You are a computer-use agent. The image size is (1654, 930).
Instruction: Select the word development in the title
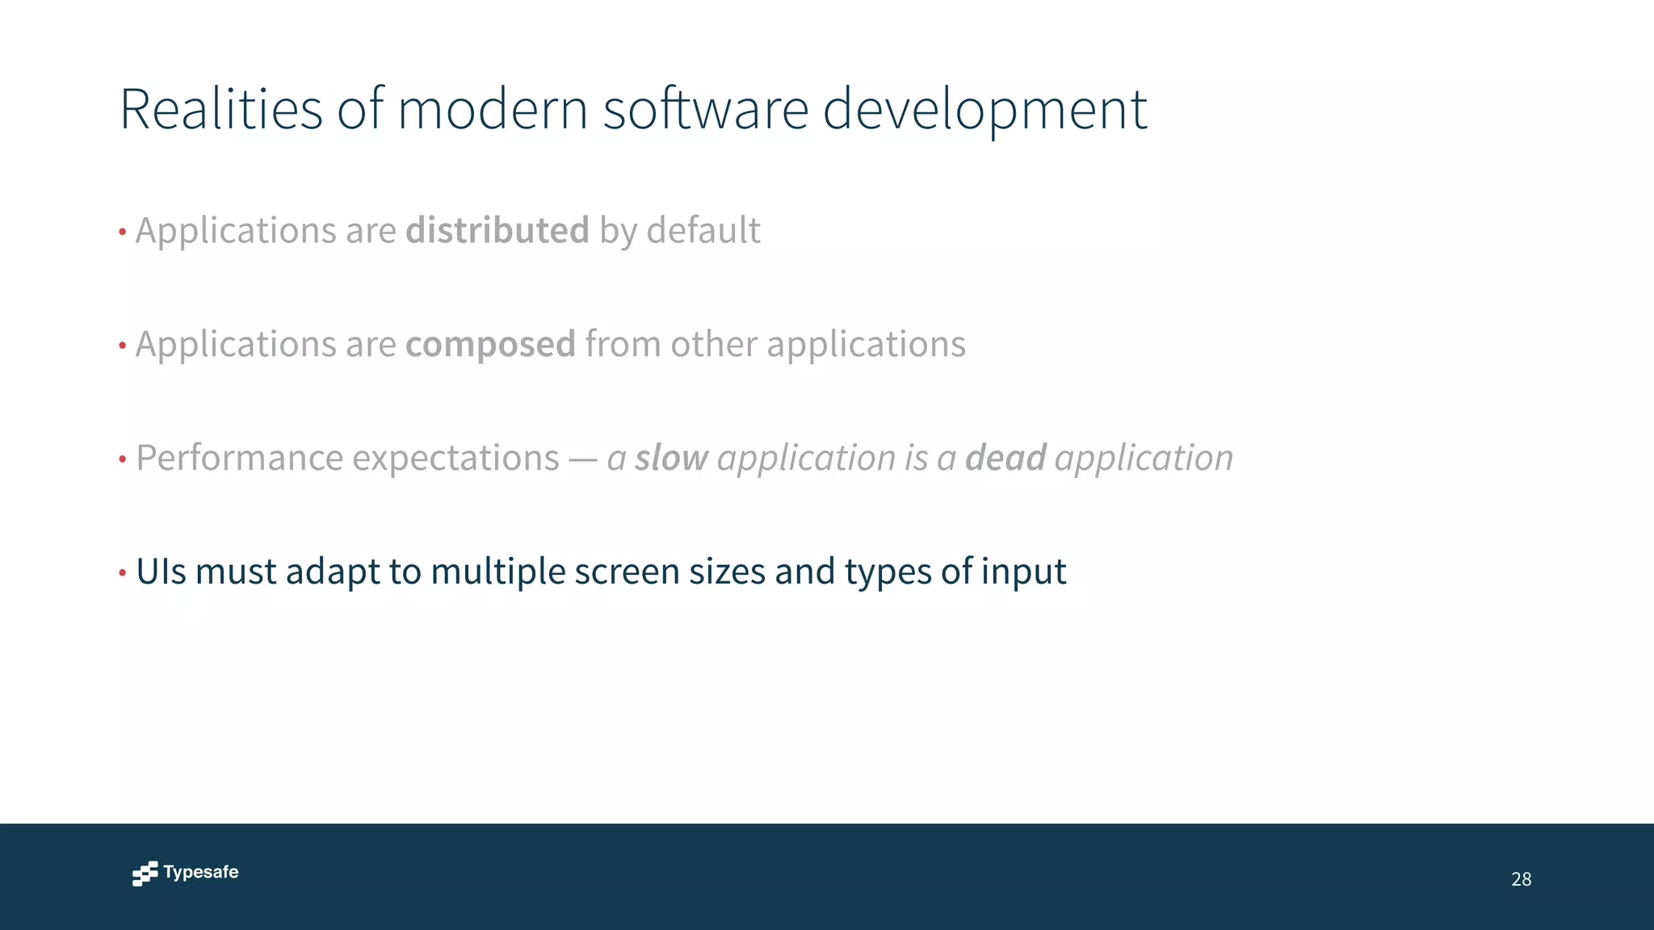pos(984,111)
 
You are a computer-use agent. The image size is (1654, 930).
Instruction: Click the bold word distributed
pos(497,231)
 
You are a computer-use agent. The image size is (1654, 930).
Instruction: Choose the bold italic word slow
pos(671,458)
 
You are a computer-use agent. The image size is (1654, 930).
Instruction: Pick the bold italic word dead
pos(1005,458)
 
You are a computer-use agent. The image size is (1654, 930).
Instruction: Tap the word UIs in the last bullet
pos(161,572)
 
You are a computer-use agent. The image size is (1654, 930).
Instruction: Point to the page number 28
pos(1521,879)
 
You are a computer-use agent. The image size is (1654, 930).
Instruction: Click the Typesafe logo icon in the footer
pos(145,873)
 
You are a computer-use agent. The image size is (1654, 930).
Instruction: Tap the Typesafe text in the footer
pos(200,873)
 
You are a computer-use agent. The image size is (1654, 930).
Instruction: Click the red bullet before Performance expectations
pos(123,459)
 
